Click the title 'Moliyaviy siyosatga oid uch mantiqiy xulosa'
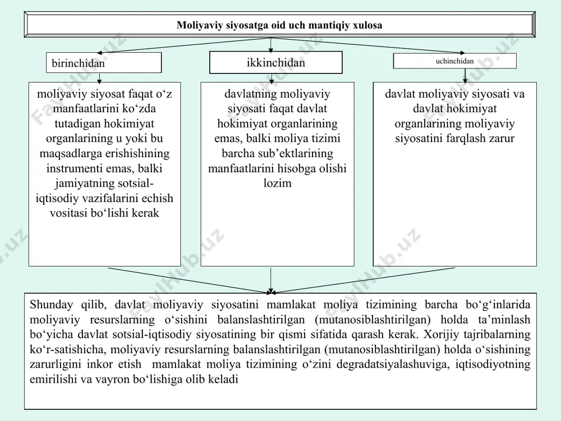279,25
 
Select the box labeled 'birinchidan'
104,63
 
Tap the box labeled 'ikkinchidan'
276,62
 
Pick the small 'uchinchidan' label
455,61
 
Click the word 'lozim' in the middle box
277,184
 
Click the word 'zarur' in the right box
504,139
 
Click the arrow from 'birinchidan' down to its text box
99,78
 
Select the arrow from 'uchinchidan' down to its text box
465,76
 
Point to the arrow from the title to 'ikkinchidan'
271,45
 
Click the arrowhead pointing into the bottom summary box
271,291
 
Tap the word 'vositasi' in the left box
68,213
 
